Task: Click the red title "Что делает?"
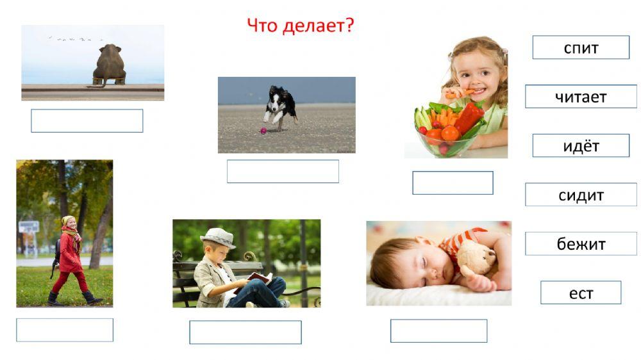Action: point(300,26)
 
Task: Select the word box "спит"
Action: point(581,47)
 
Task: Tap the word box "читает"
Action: point(581,97)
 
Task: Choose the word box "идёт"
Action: point(581,145)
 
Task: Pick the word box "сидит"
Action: point(581,195)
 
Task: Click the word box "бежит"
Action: point(581,244)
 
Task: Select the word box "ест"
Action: point(581,293)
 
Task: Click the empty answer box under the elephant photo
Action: point(87,120)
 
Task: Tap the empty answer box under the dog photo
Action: point(283,171)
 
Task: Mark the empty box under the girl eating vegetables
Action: point(453,183)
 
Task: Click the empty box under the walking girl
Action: point(65,330)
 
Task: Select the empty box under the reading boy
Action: point(245,332)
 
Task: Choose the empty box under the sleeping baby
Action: point(438,331)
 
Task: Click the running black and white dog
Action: point(281,106)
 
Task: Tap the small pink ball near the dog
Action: point(262,131)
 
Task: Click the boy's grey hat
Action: point(218,237)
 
